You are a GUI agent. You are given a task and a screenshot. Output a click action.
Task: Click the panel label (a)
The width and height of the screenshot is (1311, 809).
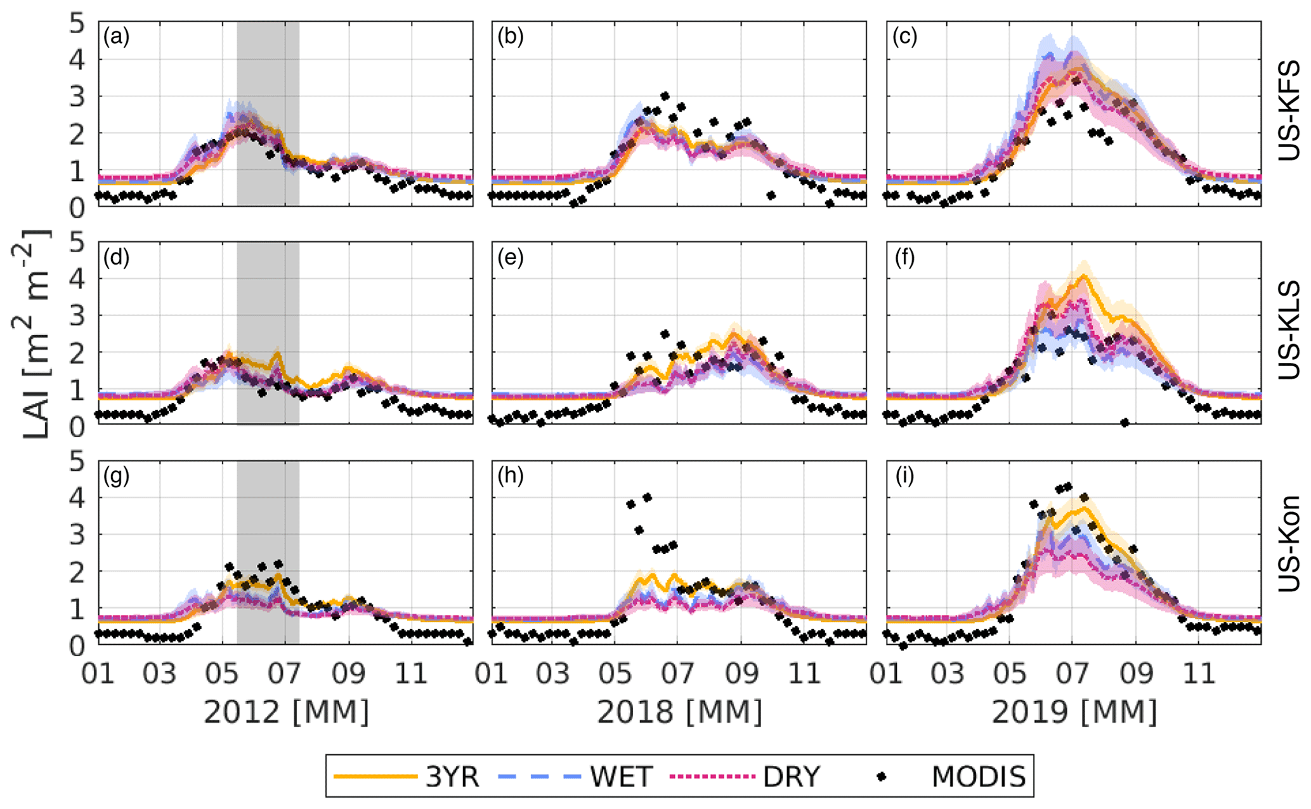[x=116, y=37]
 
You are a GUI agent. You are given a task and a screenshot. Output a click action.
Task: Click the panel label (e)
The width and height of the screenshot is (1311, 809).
[x=511, y=258]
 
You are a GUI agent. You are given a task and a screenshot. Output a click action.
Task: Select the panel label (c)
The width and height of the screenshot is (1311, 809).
[x=905, y=37]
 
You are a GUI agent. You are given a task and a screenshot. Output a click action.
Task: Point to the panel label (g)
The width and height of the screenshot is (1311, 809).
[x=116, y=477]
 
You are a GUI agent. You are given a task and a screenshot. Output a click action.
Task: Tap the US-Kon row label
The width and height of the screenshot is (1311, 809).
[x=1288, y=544]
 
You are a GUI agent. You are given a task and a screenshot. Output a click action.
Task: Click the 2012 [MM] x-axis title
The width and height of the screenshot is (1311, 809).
[x=286, y=713]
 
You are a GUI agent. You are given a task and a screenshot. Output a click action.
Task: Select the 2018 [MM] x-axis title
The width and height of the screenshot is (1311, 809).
[x=679, y=713]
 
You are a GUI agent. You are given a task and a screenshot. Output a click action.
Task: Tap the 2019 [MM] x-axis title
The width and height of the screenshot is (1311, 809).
[x=1074, y=713]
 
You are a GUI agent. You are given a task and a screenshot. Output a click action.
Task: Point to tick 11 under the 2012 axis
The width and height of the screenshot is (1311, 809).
[x=411, y=673]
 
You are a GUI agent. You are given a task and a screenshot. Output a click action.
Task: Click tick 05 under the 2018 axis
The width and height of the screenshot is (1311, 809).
[x=615, y=673]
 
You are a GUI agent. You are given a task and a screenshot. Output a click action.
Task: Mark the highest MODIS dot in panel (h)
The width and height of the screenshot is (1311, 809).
[x=647, y=497]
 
